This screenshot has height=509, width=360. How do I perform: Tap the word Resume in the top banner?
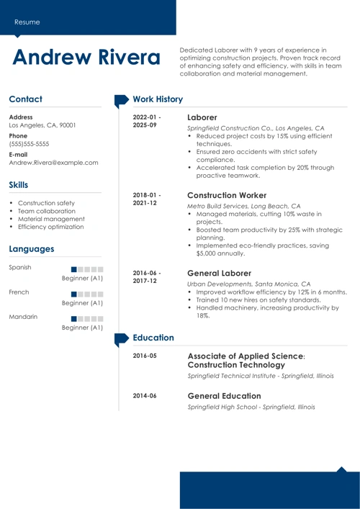click(27, 22)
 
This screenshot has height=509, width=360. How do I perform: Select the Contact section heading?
click(26, 99)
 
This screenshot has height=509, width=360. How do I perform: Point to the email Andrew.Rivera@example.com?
click(53, 163)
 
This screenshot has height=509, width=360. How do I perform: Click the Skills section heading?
click(23, 185)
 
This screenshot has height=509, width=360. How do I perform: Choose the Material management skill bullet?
click(51, 219)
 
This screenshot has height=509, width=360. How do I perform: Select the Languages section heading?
click(32, 249)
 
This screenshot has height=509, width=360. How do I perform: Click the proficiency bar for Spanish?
click(88, 268)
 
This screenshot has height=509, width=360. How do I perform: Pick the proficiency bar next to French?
click(88, 293)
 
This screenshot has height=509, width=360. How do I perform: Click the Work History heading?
click(158, 99)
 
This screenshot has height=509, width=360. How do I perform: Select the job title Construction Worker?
click(227, 195)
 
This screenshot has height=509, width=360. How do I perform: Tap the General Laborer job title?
click(219, 274)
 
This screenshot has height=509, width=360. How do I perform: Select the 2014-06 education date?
click(145, 396)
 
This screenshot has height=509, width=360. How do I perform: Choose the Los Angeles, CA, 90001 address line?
click(42, 125)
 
